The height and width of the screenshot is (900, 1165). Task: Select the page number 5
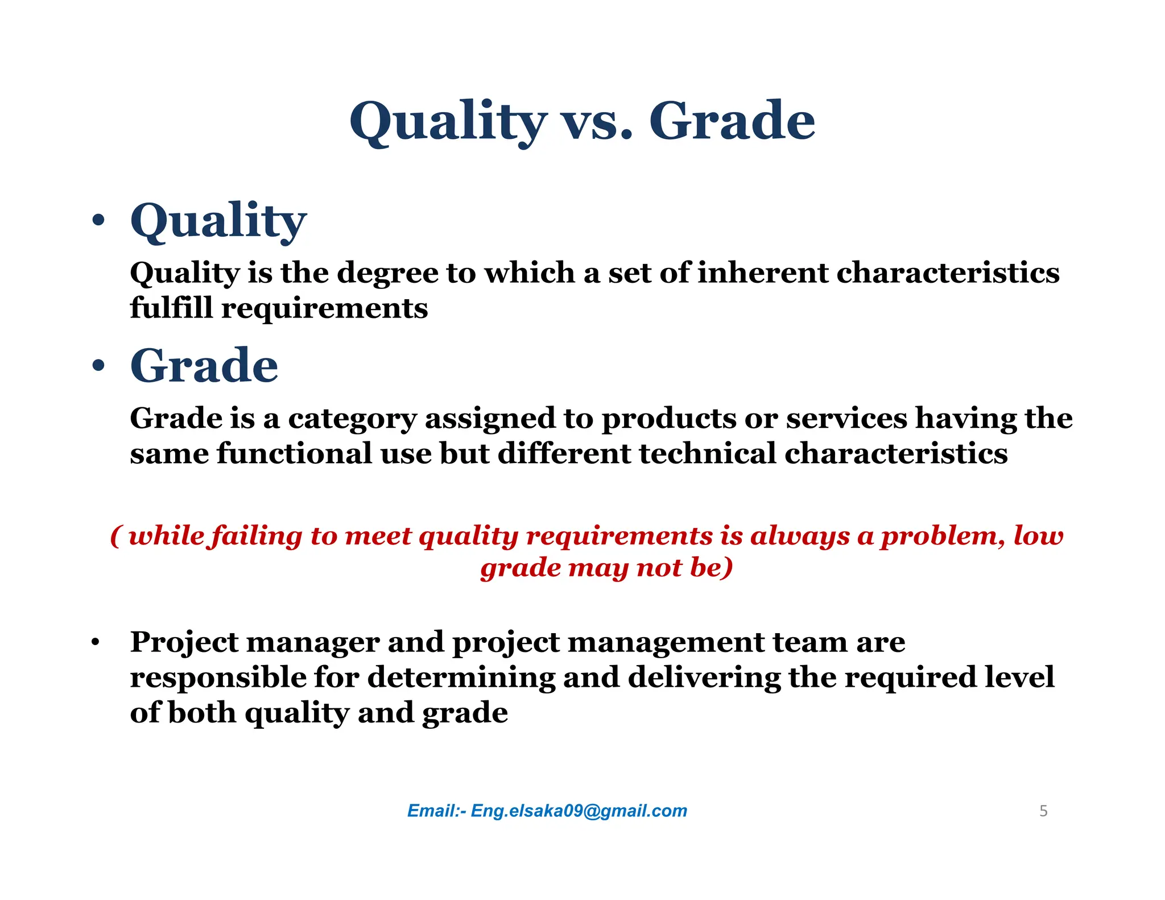[1043, 811]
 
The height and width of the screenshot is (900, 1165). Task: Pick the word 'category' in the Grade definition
[352, 419]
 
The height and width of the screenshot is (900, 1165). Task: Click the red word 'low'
[1038, 536]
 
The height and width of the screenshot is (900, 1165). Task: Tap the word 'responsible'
[218, 678]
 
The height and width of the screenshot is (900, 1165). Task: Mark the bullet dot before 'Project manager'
[96, 643]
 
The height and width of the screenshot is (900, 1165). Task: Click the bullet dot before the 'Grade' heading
[98, 366]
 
